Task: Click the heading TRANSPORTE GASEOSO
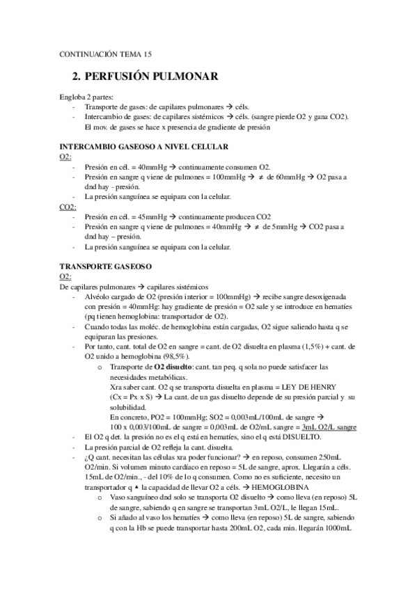101,266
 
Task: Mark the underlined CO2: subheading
68,207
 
